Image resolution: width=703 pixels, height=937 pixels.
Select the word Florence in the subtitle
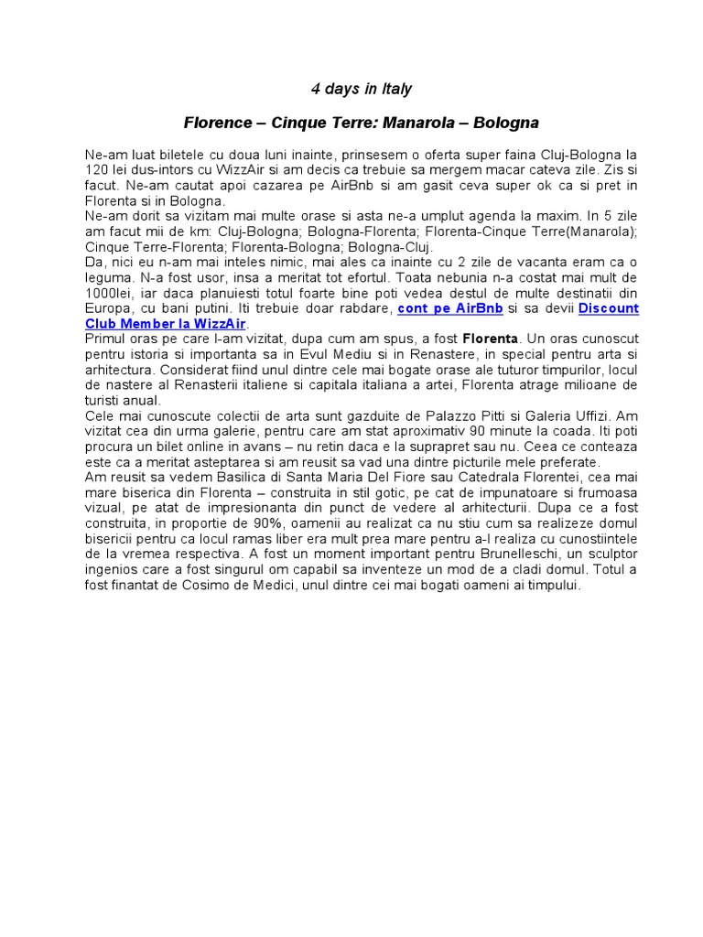pyautogui.click(x=216, y=122)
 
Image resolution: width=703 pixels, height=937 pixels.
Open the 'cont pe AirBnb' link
pyautogui.click(x=449, y=309)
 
